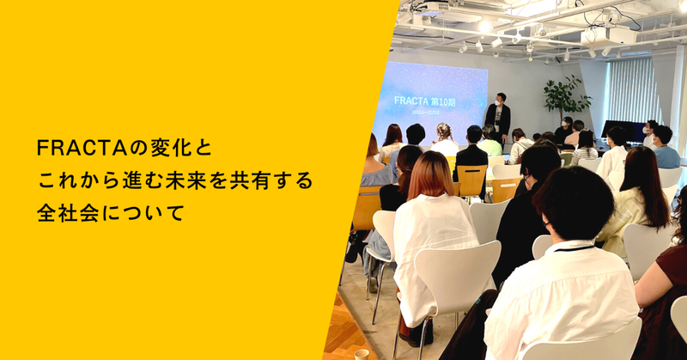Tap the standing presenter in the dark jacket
497,119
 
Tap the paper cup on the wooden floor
362,353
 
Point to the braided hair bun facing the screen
444,131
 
